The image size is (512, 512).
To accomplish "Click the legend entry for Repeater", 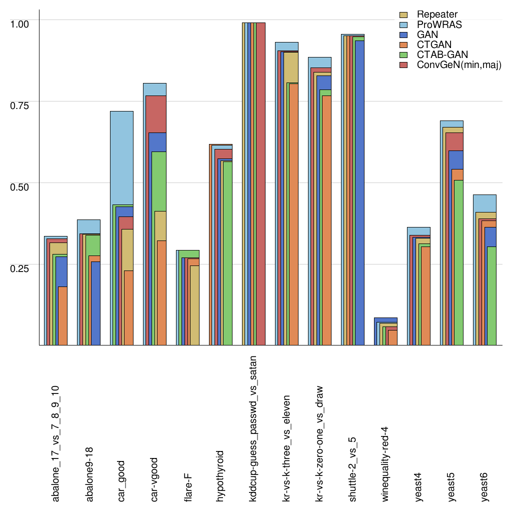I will coord(437,14).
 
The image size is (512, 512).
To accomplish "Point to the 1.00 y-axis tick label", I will coord(20,23).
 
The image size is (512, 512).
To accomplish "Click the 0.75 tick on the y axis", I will coord(20,104).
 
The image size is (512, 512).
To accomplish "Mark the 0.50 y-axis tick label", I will coord(20,186).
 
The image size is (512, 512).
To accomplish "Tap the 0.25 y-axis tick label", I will coord(20,267).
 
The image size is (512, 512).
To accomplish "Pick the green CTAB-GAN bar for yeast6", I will coord(491,295).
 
